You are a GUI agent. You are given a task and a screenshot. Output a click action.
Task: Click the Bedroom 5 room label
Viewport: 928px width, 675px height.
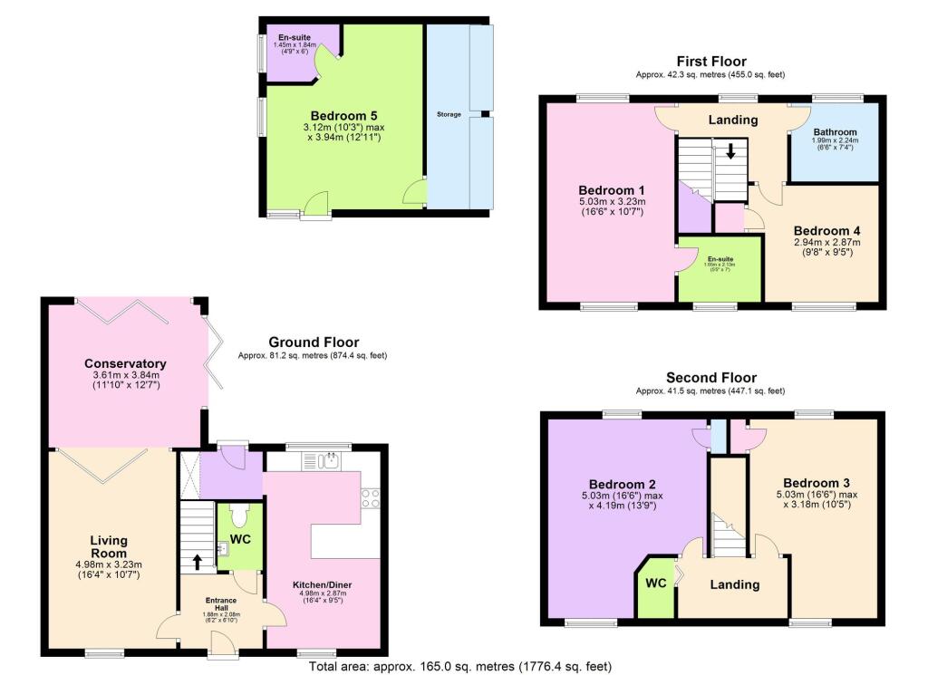pos(343,116)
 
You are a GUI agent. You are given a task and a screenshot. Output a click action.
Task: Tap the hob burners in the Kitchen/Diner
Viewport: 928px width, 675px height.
pos(371,497)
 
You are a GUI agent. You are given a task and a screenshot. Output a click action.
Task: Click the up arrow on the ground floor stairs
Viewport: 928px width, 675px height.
pos(197,562)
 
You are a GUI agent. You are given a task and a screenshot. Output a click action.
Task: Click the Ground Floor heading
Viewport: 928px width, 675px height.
pos(314,342)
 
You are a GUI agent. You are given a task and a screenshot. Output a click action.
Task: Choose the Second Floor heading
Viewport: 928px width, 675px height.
pos(710,378)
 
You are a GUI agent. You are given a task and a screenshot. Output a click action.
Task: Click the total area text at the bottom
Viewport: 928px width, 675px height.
pos(454,666)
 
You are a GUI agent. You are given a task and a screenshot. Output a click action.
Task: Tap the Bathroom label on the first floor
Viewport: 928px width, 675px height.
pos(833,131)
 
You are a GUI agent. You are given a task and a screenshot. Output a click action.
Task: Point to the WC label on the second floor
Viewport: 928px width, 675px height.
pos(656,583)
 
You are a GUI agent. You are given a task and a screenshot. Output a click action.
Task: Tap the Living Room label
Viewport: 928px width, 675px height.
pos(108,547)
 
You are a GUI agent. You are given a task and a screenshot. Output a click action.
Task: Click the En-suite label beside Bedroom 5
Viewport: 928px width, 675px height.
pos(295,37)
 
